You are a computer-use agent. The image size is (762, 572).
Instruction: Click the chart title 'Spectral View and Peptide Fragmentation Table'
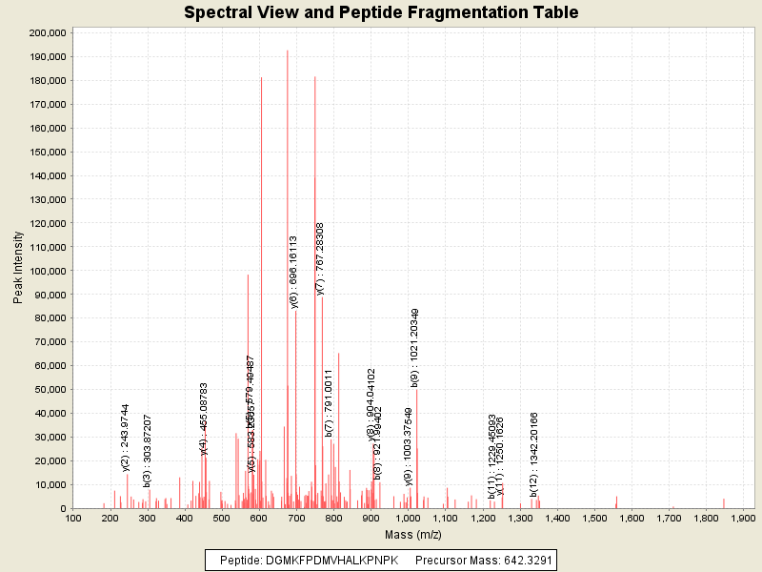click(x=381, y=12)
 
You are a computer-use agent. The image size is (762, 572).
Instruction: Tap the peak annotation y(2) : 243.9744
click(x=126, y=437)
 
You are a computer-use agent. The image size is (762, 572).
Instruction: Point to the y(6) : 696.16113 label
click(x=294, y=272)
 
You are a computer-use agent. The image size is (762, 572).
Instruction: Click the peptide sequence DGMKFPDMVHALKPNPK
click(x=335, y=560)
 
